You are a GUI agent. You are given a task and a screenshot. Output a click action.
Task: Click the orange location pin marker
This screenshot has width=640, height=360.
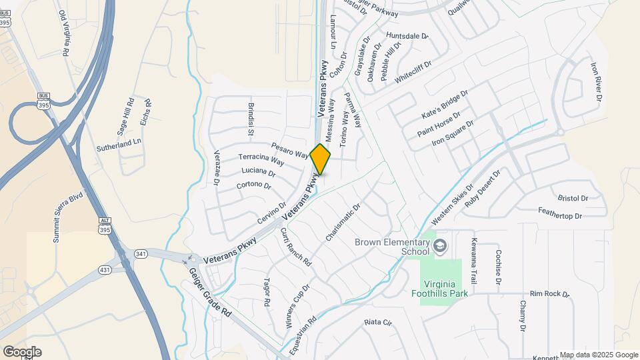click(321, 159)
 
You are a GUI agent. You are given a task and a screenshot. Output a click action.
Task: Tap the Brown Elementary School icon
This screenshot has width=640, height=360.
click(439, 247)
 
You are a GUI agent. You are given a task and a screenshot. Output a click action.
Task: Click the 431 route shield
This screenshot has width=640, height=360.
click(104, 269)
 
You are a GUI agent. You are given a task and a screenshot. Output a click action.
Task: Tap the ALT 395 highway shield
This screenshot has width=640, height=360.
click(104, 225)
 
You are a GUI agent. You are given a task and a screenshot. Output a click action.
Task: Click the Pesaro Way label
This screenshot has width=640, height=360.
click(289, 150)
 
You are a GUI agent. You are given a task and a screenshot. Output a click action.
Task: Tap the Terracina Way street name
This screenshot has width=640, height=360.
click(261, 159)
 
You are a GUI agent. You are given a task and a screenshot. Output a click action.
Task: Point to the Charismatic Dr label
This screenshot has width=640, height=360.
click(343, 223)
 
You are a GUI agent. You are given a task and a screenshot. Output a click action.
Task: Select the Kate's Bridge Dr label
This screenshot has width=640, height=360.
click(445, 105)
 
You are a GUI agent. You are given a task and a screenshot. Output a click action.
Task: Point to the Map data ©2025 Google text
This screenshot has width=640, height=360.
click(599, 355)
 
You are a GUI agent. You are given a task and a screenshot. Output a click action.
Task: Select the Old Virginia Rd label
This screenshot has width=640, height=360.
click(64, 33)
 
